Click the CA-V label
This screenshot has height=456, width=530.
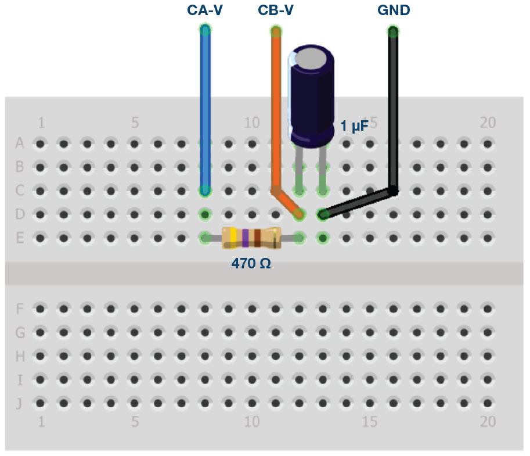205,10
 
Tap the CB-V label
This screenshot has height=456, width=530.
276,10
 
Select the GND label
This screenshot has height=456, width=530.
394,10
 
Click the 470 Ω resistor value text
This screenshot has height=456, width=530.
251,263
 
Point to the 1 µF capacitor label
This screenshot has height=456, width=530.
354,126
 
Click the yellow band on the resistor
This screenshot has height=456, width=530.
233,238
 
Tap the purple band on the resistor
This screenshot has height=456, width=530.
246,238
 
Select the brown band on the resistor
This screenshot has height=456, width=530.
257,238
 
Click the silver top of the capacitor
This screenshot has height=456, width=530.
311,58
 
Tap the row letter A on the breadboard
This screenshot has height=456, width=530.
20,143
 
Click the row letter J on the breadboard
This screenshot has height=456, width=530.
19,403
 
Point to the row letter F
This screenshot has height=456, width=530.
20,309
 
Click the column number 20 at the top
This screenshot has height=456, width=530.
488,123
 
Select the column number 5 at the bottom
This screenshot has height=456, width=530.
135,422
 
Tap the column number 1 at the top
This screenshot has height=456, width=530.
41,123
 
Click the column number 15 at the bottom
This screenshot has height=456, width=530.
369,422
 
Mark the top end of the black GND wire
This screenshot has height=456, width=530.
393,31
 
